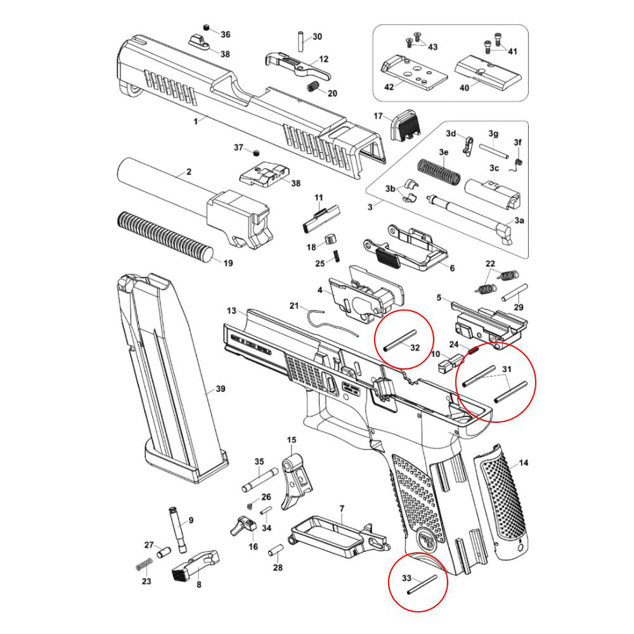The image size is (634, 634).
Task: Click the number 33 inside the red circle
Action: pyautogui.click(x=407, y=578)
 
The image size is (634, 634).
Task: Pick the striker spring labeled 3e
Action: pyautogui.click(x=439, y=171)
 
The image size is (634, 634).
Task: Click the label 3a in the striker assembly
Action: pyautogui.click(x=519, y=220)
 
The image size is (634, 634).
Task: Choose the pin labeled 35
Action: pyautogui.click(x=259, y=481)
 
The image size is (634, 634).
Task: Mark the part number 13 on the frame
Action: pyautogui.click(x=231, y=311)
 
